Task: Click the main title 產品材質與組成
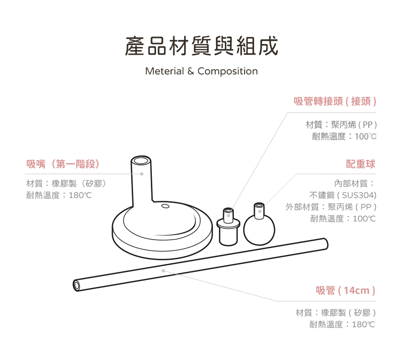(x=201, y=46)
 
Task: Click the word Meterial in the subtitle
(x=164, y=71)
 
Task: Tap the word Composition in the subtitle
(x=227, y=71)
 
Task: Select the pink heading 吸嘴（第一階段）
(x=63, y=164)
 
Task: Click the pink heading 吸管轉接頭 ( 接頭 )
(x=335, y=101)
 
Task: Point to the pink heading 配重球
(x=361, y=164)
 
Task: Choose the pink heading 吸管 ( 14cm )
(x=345, y=290)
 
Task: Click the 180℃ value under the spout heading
(x=80, y=195)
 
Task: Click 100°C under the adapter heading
(x=366, y=136)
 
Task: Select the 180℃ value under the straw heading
(x=364, y=324)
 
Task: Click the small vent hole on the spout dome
(x=165, y=206)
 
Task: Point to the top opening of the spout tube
(x=141, y=161)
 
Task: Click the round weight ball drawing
(x=259, y=229)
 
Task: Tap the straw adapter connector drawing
(x=228, y=227)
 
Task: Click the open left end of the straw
(x=76, y=285)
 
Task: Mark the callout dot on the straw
(x=163, y=271)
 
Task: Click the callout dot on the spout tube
(x=142, y=174)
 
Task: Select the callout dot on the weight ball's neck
(x=260, y=211)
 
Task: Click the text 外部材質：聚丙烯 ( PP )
(x=331, y=207)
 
